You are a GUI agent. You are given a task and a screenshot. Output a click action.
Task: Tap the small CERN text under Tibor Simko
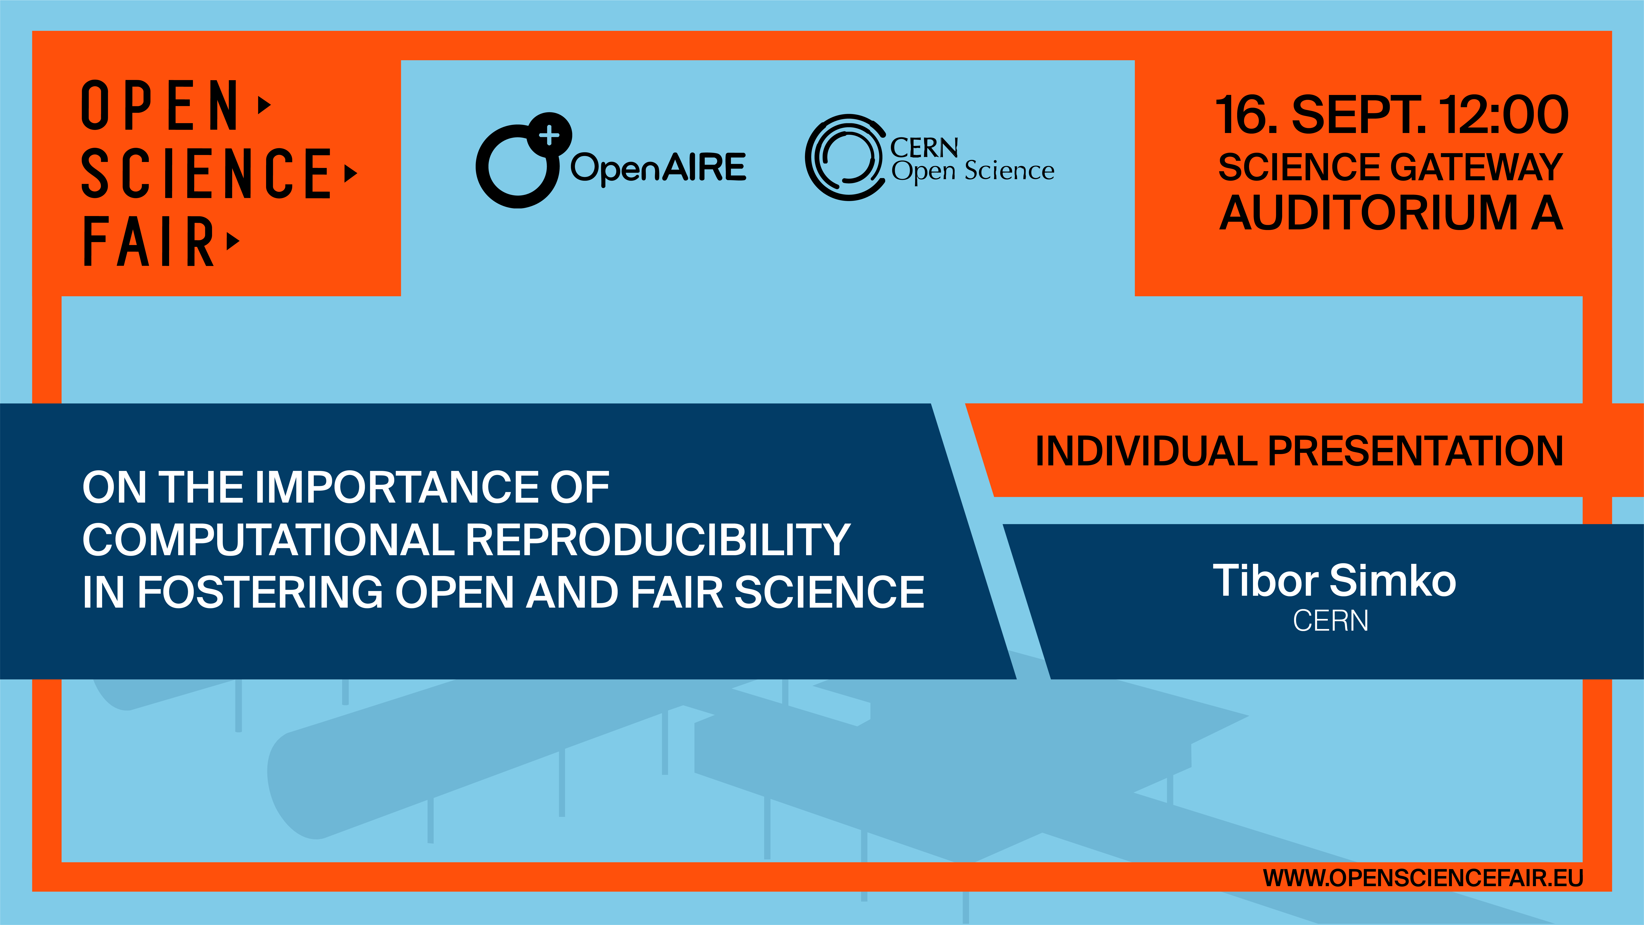[x=1331, y=621]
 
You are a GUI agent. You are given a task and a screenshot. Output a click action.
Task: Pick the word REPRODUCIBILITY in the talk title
[x=658, y=539]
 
